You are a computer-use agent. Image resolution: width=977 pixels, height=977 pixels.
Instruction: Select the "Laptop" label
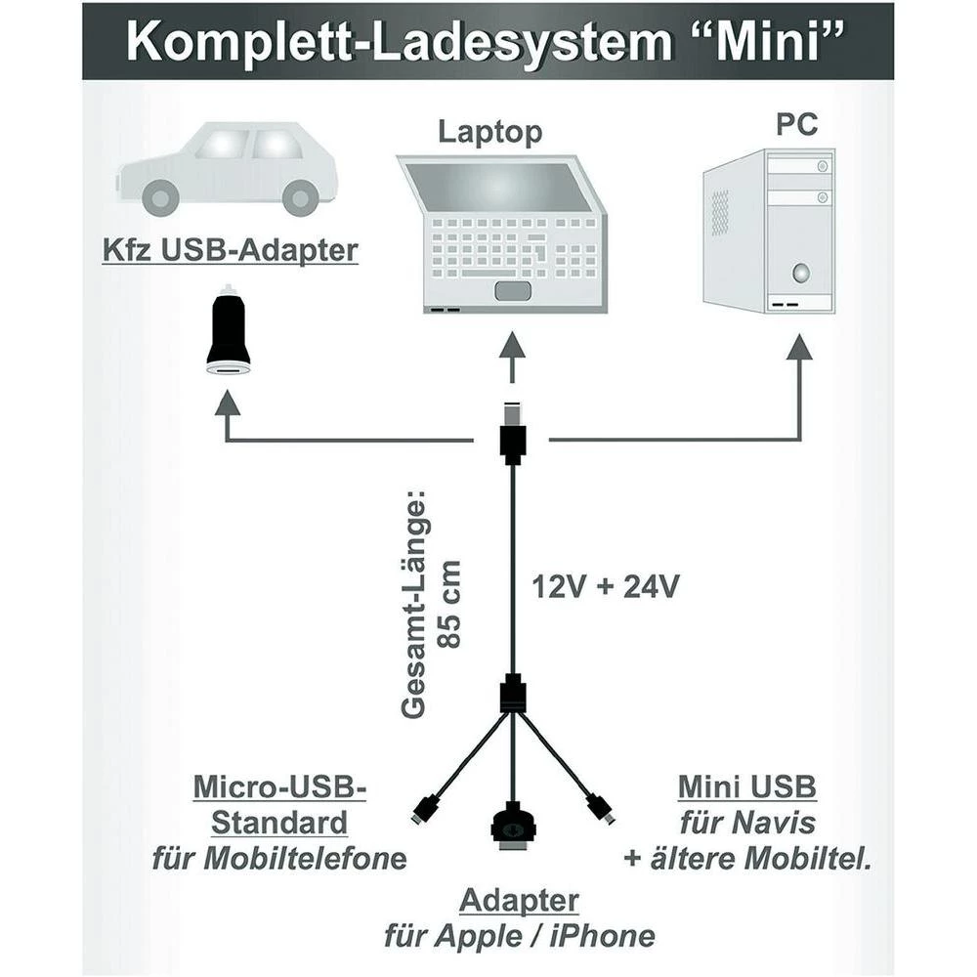tap(488, 132)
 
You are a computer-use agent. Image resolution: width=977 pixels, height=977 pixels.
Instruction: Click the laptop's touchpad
tap(514, 290)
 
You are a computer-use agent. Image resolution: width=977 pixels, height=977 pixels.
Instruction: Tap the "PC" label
tap(795, 124)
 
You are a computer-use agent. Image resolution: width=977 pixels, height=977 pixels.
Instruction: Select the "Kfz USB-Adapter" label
tap(230, 251)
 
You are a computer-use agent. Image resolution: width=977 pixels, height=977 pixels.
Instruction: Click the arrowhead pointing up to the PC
tap(800, 347)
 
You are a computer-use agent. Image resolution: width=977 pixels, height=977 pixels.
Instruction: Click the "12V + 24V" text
tap(605, 586)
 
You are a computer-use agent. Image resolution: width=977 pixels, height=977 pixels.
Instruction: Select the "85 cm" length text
tap(450, 604)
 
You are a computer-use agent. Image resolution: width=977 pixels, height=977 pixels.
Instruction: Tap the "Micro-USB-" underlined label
tap(279, 787)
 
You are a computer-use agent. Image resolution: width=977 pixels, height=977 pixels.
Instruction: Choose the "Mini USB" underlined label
tap(746, 787)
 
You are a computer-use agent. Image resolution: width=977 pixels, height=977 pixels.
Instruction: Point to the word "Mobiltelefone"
tap(305, 859)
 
